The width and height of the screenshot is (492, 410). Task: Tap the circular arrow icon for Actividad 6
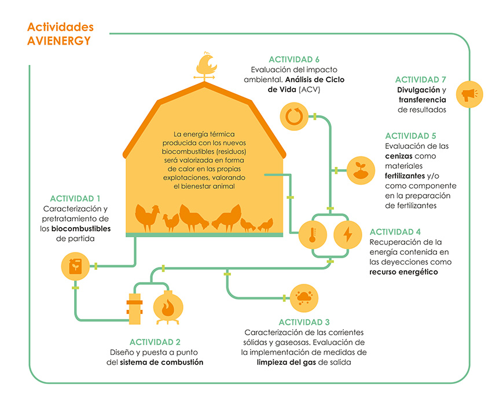click(291, 116)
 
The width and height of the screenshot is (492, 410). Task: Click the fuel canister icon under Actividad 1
click(75, 266)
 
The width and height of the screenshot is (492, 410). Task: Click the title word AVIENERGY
click(58, 41)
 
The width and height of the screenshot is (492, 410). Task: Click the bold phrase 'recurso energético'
click(403, 271)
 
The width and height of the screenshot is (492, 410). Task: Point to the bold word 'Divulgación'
click(416, 90)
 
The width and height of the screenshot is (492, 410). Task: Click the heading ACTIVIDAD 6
click(294, 60)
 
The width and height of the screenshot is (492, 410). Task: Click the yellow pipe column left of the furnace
click(135, 307)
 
